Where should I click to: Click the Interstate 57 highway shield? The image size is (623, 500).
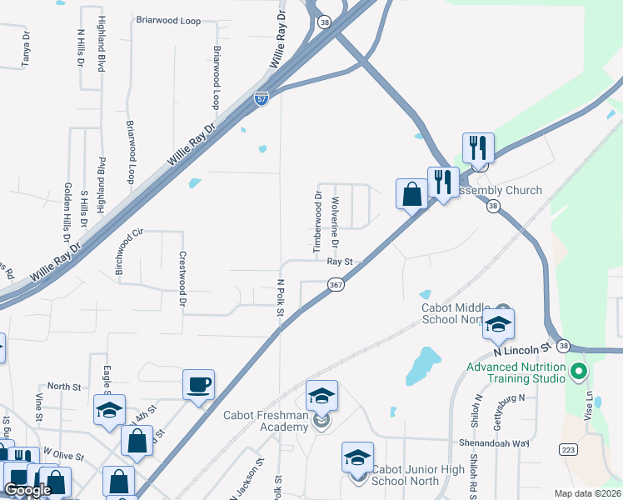pos(262,97)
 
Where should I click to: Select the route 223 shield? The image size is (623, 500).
pos(569,449)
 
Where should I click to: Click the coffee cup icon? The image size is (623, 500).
pos(198,385)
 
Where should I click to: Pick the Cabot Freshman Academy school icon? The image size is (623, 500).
pos(322,397)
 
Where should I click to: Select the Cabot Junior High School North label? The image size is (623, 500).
pos(418,475)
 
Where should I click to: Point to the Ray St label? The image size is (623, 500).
pos(341,262)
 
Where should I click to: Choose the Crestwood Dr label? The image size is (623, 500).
pos(181,280)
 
